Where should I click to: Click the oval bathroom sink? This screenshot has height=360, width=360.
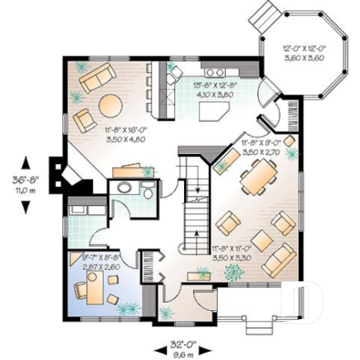click(124, 188)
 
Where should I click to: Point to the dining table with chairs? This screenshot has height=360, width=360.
click(258, 178)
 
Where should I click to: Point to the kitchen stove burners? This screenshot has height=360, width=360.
click(216, 72)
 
